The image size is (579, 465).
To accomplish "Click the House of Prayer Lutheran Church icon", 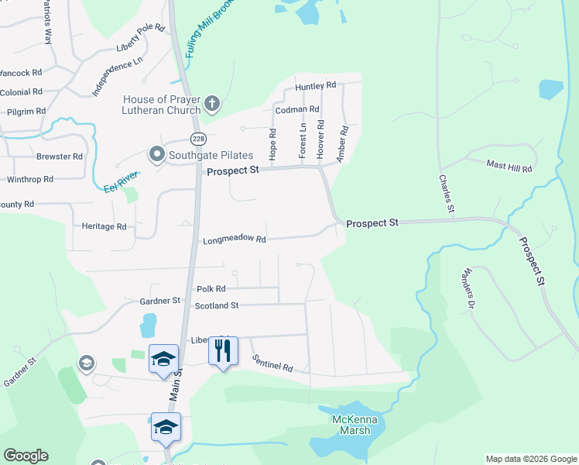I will [x=212, y=104].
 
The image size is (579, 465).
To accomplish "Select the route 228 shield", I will [x=199, y=138].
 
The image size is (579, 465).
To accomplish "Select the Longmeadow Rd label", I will [x=235, y=240].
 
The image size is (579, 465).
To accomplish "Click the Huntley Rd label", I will [x=315, y=85].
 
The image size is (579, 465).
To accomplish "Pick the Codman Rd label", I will [x=292, y=110].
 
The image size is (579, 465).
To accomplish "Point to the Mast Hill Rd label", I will [x=509, y=167].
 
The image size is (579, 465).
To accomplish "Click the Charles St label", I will [x=446, y=193].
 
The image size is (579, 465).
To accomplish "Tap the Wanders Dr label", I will [x=467, y=289].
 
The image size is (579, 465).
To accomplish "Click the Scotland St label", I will [x=217, y=306].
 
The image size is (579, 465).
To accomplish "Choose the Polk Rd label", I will [x=211, y=288].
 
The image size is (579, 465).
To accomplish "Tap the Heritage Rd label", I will [x=104, y=226].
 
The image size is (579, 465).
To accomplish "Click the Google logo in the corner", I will [x=26, y=456].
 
